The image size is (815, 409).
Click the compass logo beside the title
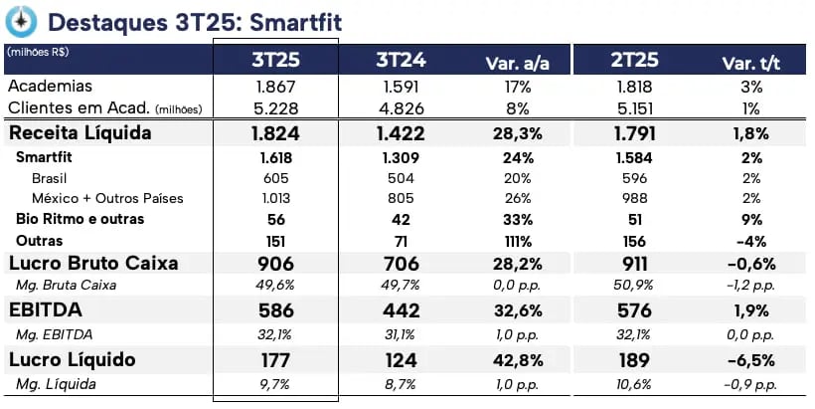click(x=21, y=21)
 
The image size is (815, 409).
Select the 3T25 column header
click(x=275, y=61)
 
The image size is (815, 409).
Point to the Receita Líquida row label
click(x=81, y=132)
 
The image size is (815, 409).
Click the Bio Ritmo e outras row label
click(x=80, y=219)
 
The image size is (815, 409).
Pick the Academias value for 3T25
click(x=275, y=87)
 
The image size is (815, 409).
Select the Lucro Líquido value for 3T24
click(x=401, y=359)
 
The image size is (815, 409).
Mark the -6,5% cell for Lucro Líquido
click(x=750, y=359)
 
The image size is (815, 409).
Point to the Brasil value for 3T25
click(x=275, y=176)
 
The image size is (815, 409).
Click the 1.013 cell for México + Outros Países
click(x=275, y=198)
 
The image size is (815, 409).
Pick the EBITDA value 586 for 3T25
click(x=275, y=309)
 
